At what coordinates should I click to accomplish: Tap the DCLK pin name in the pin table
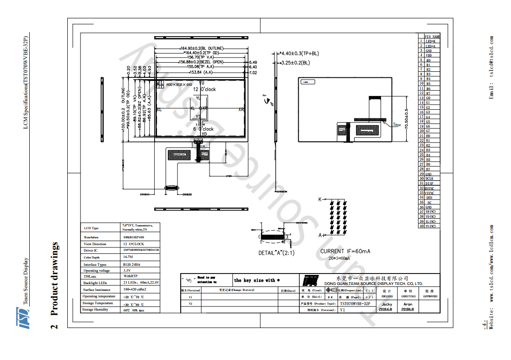[429, 178]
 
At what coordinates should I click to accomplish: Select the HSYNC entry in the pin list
[429, 188]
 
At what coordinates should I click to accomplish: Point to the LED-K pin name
[430, 41]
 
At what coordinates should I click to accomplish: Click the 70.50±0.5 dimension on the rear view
[406, 119]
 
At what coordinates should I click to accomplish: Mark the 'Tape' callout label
[397, 124]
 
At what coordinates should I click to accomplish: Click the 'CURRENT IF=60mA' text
[345, 251]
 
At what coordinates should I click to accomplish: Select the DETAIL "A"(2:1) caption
[276, 253]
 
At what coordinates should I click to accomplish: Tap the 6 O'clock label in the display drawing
[203, 129]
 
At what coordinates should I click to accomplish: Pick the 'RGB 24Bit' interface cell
[131, 264]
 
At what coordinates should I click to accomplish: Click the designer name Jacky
[387, 304]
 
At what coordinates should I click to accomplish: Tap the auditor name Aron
[407, 304]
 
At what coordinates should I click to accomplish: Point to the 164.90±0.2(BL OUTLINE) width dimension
[202, 48]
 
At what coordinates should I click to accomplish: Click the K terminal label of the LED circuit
[320, 199]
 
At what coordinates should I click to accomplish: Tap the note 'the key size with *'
[257, 280]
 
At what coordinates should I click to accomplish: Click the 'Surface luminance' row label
[97, 290]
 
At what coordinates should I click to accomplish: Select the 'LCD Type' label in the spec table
[91, 228]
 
